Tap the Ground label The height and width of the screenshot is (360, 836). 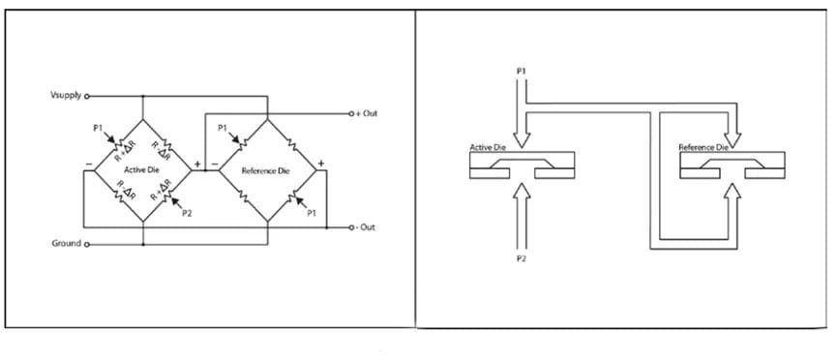click(66, 243)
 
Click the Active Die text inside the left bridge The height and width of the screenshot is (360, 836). click(142, 170)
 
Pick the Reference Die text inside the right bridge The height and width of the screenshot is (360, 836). click(266, 171)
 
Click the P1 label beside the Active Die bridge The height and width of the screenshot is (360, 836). click(98, 128)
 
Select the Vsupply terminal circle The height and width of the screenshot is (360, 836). click(88, 97)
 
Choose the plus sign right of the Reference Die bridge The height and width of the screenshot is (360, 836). click(321, 163)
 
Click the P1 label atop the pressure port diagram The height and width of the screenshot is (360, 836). click(522, 73)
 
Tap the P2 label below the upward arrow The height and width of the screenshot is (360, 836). click(522, 261)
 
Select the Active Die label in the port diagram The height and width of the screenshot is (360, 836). click(489, 148)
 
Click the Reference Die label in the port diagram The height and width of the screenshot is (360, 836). click(703, 148)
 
